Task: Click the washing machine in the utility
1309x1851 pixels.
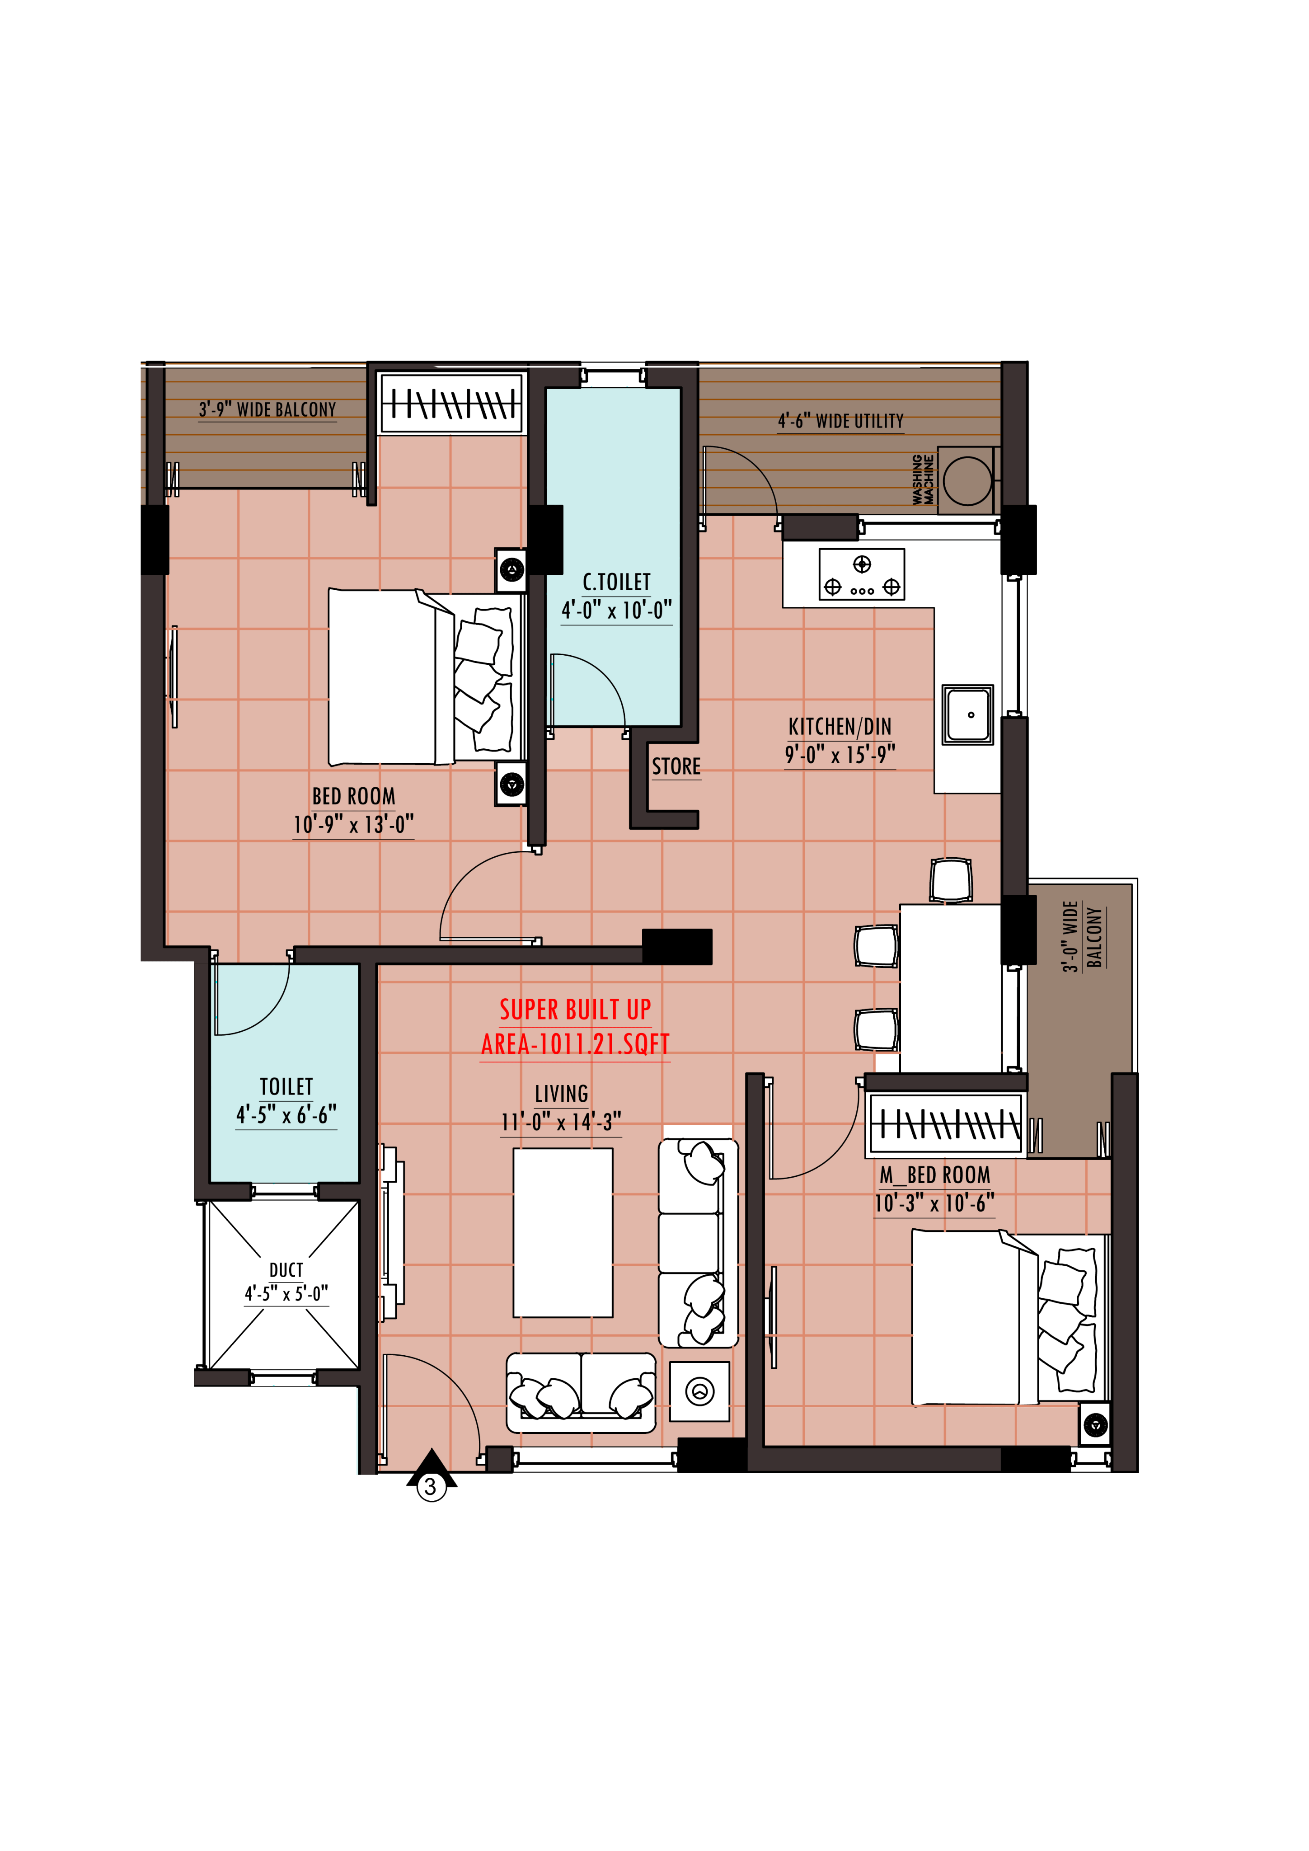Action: click(x=967, y=480)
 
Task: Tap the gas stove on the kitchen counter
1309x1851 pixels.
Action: click(x=862, y=574)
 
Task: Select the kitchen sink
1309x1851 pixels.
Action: click(x=968, y=715)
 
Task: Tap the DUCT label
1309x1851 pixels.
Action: click(x=286, y=1270)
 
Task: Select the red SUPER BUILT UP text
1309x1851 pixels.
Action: click(x=576, y=1010)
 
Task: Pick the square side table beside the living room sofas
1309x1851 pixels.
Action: click(x=699, y=1391)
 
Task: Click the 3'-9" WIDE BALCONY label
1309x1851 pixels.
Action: click(x=267, y=409)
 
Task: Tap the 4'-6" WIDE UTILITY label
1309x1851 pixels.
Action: click(x=841, y=421)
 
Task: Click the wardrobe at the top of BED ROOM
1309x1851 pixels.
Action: click(x=451, y=402)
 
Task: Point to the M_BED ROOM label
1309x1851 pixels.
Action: click(x=935, y=1175)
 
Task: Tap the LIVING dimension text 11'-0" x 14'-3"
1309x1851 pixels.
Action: click(x=561, y=1122)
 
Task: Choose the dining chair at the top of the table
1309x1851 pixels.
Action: click(x=951, y=879)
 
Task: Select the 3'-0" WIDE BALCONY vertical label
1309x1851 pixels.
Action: click(x=1083, y=937)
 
